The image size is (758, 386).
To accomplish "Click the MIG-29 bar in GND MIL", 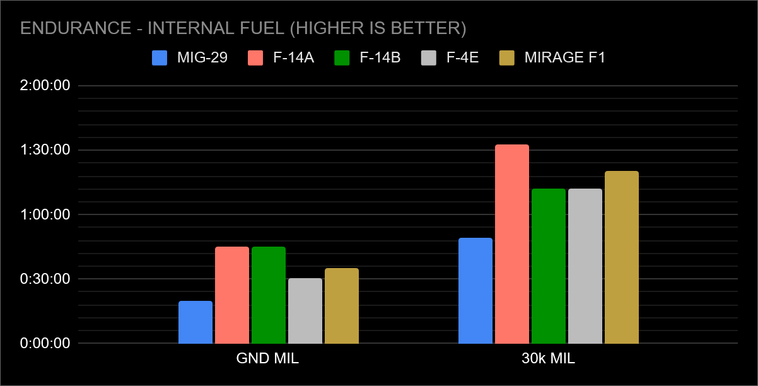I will [195, 322].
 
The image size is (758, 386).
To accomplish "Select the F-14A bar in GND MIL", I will [232, 295].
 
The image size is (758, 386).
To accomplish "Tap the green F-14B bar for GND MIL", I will [269, 295].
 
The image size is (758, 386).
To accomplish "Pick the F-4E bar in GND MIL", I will [305, 311].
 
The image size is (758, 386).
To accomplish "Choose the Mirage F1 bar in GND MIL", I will [342, 306].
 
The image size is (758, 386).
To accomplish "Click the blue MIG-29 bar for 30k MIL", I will [475, 291].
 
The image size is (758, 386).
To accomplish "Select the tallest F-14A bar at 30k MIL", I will [512, 244].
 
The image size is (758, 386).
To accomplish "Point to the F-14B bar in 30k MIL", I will [549, 266].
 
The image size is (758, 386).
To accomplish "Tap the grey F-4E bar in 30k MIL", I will [585, 266].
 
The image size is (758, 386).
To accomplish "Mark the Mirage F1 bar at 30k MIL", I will [622, 257].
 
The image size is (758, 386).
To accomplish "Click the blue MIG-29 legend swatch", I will [160, 57].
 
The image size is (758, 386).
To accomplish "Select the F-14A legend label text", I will [294, 57].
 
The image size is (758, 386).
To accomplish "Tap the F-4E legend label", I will [462, 57].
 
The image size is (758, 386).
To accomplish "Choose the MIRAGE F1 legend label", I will [565, 57].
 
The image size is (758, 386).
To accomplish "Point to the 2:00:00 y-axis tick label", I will [45, 86].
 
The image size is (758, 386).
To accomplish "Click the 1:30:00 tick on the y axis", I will [45, 150].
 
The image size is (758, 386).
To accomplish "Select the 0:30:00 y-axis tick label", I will [45, 279].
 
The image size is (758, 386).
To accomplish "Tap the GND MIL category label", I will [267, 359].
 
